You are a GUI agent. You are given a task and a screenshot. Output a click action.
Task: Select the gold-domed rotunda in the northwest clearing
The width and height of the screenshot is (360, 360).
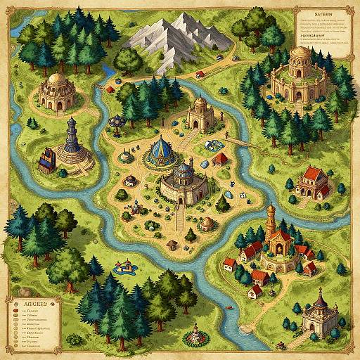coord(58,91)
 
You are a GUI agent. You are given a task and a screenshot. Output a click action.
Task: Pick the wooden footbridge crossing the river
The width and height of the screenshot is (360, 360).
coord(239,141)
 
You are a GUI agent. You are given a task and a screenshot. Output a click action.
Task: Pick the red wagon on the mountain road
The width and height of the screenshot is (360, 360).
coord(200,74)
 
